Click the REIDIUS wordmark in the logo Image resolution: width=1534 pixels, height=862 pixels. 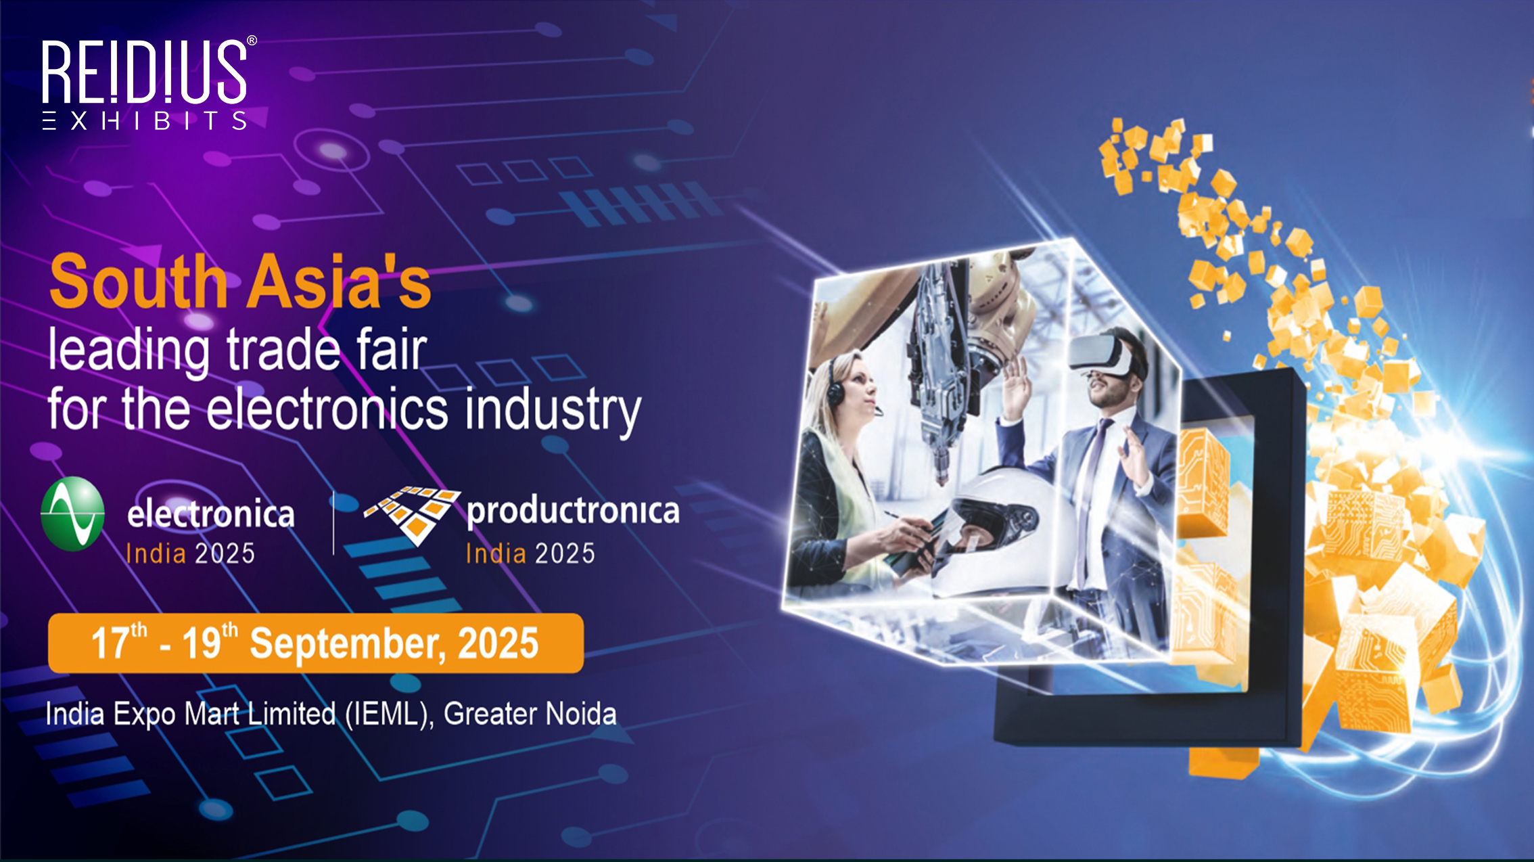144,72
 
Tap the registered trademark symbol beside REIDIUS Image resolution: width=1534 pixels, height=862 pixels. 252,41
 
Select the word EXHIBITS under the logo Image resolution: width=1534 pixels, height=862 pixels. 144,120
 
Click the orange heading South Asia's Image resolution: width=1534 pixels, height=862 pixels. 240,281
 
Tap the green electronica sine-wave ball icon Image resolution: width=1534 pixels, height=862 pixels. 73,514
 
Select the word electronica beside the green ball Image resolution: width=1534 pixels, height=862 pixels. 211,514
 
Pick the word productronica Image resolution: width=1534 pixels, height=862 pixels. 573,511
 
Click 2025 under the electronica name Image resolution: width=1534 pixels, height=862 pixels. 225,553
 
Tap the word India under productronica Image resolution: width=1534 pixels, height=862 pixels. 496,553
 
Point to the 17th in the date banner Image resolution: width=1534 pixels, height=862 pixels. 119,641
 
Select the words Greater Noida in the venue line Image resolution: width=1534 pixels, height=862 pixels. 530,714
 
